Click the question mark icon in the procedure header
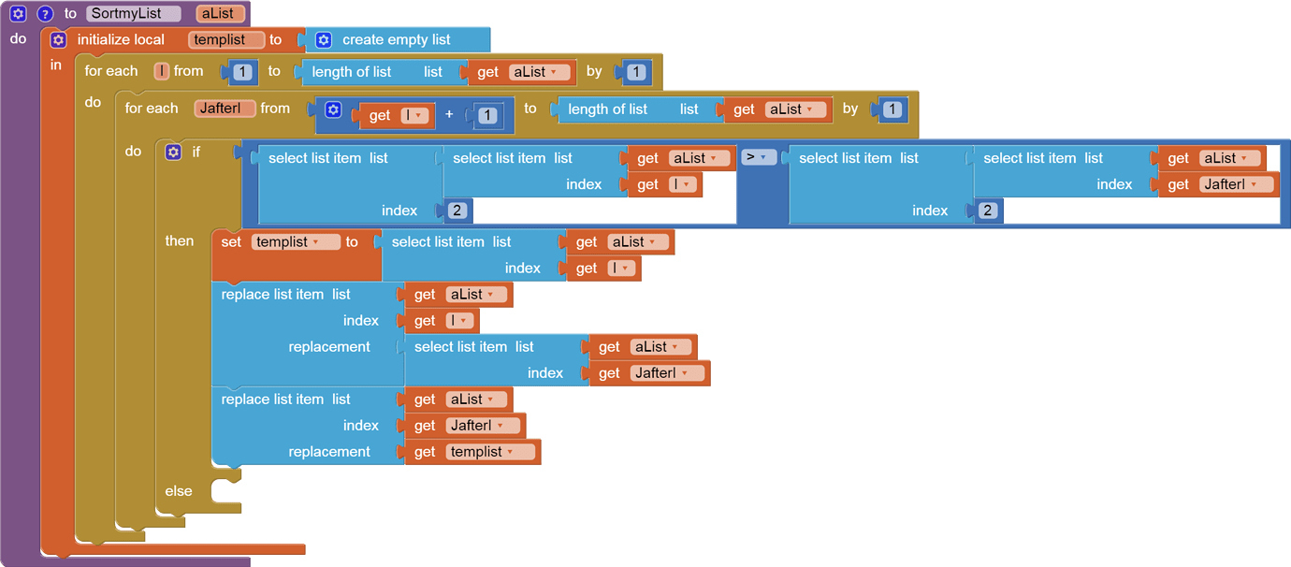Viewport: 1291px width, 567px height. [45, 14]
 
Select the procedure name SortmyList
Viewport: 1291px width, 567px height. [133, 14]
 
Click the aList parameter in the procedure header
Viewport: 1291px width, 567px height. [221, 14]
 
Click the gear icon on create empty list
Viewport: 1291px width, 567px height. [324, 40]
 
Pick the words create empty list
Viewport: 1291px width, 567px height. [396, 40]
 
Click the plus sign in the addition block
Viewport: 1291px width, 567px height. [449, 114]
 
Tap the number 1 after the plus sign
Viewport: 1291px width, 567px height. [487, 116]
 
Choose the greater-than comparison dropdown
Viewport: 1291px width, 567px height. [759, 157]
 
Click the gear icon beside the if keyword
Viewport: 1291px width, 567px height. [173, 152]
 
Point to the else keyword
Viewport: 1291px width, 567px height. [179, 491]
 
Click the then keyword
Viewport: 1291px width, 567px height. [180, 241]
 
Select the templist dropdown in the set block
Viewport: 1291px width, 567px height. [287, 242]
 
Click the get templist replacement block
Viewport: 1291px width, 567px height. [473, 452]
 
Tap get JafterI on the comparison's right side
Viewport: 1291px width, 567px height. [1213, 184]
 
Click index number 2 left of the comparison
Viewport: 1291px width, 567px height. [457, 211]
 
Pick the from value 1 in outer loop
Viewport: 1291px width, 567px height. [242, 72]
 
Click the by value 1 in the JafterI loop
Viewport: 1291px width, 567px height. [892, 109]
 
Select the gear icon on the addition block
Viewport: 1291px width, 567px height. [333, 110]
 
